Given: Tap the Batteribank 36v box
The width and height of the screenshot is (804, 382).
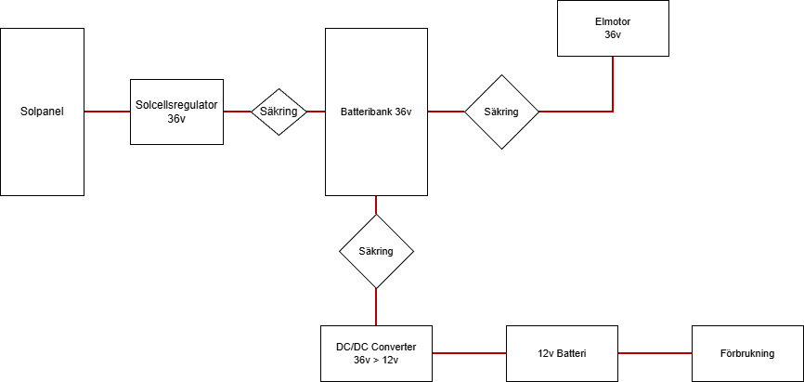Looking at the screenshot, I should click(x=376, y=149).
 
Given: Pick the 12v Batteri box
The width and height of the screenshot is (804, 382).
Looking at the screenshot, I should click(x=562, y=354).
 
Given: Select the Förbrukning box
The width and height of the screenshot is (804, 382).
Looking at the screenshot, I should click(x=747, y=354).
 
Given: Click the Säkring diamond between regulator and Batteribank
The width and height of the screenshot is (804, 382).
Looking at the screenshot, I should click(x=279, y=112).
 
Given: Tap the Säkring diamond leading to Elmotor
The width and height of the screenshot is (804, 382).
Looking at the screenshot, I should click(x=501, y=112).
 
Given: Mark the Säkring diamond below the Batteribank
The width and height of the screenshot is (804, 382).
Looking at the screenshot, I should click(x=376, y=251).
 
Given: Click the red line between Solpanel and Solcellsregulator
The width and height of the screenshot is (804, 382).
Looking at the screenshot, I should click(x=107, y=112).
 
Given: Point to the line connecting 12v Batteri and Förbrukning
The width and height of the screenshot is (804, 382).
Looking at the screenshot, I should click(x=655, y=353).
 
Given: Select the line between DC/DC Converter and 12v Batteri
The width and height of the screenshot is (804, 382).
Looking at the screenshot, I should click(x=469, y=353).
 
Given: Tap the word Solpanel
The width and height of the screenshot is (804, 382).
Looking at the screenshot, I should click(x=43, y=112).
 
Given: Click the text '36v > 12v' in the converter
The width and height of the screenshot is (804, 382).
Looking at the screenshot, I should click(x=376, y=360).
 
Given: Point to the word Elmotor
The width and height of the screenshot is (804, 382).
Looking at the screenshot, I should click(x=613, y=21).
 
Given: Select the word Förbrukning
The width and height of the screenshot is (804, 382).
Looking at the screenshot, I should click(x=747, y=354).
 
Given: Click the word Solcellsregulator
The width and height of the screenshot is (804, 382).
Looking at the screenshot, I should click(x=176, y=105).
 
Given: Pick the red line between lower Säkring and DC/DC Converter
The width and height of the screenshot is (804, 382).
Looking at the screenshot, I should click(x=376, y=307).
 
